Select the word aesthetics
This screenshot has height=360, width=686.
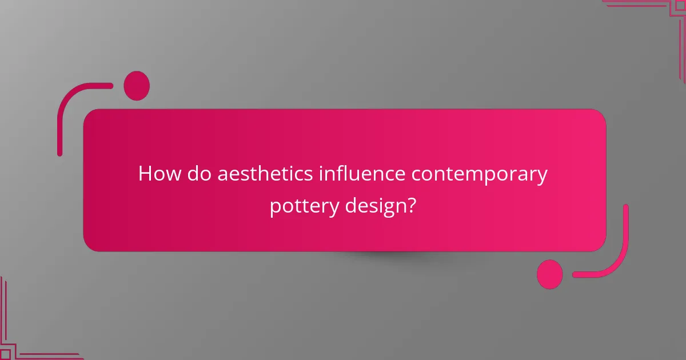point(265,174)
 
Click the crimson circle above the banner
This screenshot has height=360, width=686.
point(137,86)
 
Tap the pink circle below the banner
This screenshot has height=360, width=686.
point(549,274)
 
